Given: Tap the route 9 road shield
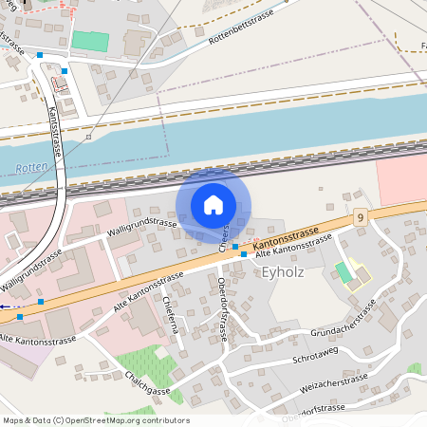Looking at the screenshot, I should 361,218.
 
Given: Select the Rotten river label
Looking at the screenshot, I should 29,170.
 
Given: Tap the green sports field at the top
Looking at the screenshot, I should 91,42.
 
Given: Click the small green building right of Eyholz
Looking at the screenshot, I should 343,272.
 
